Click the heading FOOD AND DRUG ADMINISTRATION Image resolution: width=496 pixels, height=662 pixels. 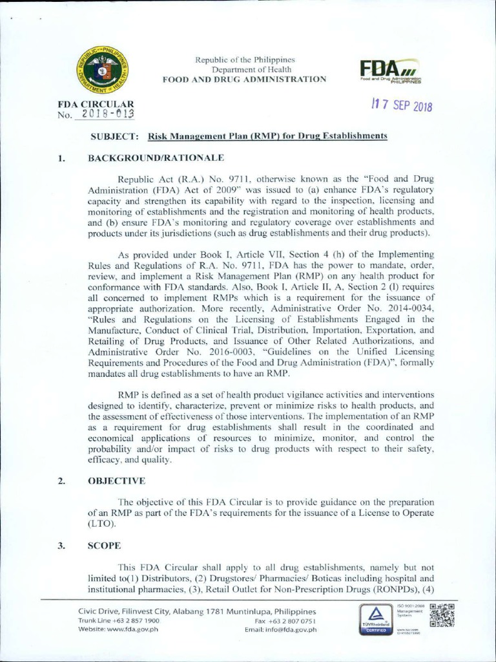click(x=244, y=79)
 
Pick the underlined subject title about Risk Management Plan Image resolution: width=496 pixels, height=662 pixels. click(x=267, y=136)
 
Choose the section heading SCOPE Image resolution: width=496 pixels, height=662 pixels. click(x=105, y=545)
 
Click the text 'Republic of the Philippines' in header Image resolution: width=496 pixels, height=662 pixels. click(x=244, y=60)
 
